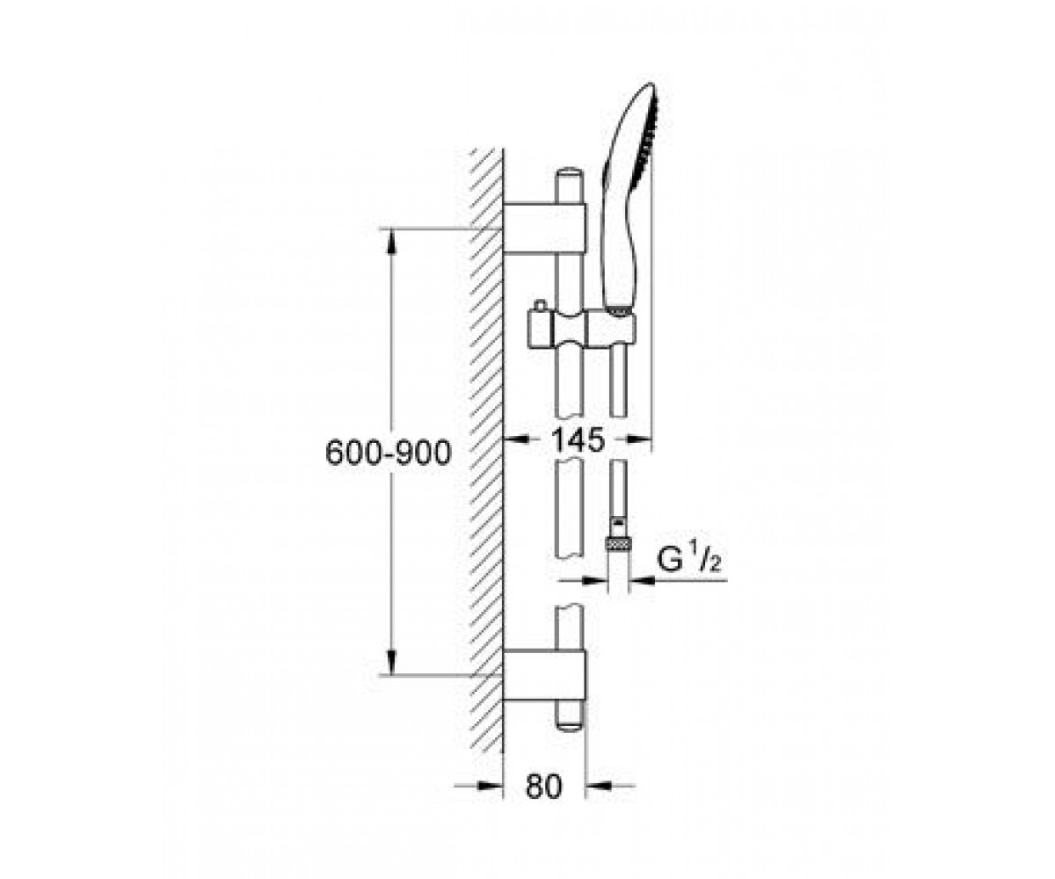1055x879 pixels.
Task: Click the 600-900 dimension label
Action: tap(388, 453)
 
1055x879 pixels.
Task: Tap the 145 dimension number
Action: tap(578, 439)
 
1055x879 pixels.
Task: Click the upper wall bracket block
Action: tap(545, 229)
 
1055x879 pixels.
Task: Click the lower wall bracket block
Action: tap(545, 675)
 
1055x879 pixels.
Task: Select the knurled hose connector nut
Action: tap(618, 544)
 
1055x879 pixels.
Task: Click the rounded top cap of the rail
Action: tap(570, 174)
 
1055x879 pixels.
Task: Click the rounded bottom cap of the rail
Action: tap(570, 723)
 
